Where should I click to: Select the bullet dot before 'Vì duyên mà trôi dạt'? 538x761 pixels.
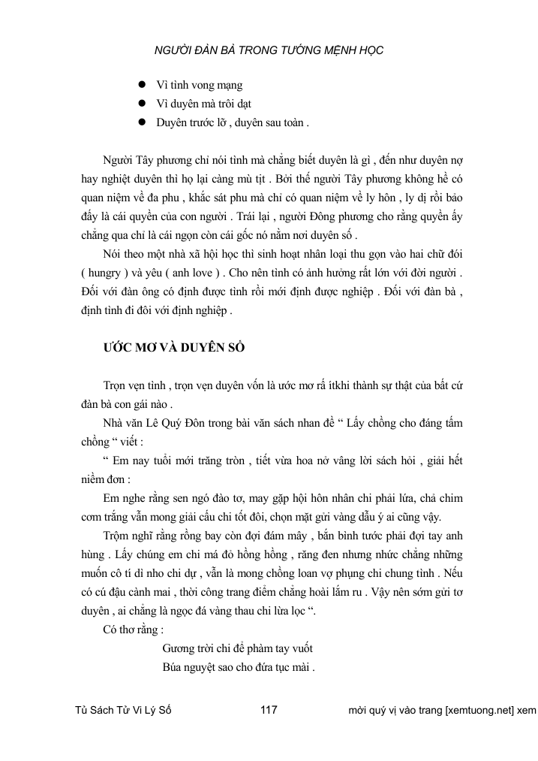(x=140, y=103)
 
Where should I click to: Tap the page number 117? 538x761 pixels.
(x=269, y=710)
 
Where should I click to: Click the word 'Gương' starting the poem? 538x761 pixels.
(x=179, y=648)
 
